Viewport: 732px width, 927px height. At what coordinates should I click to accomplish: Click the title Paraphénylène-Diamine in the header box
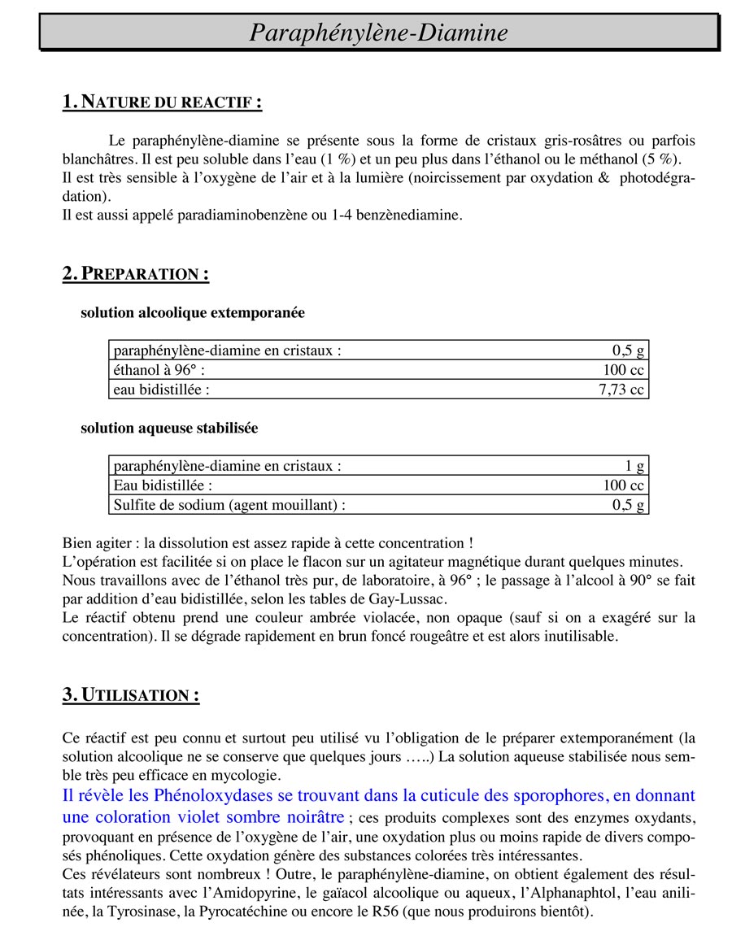click(378, 33)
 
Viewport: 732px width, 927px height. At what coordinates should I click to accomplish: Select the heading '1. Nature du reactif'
click(162, 102)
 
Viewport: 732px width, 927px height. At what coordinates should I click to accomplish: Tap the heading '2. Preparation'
click(136, 273)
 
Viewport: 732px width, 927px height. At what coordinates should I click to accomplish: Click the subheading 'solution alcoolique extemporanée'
click(193, 312)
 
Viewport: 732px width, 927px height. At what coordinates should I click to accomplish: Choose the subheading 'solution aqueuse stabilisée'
click(169, 428)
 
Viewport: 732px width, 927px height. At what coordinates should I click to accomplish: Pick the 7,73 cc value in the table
click(621, 390)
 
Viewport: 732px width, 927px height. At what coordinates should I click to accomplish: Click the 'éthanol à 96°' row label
click(159, 370)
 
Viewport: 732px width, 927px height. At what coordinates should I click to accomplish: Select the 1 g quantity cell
click(634, 466)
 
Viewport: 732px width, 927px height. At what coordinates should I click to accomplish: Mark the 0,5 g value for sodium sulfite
click(628, 505)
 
